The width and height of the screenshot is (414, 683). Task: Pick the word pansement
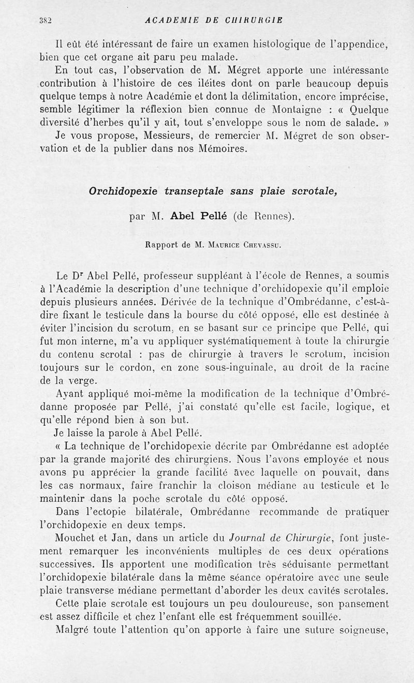point(363,604)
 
